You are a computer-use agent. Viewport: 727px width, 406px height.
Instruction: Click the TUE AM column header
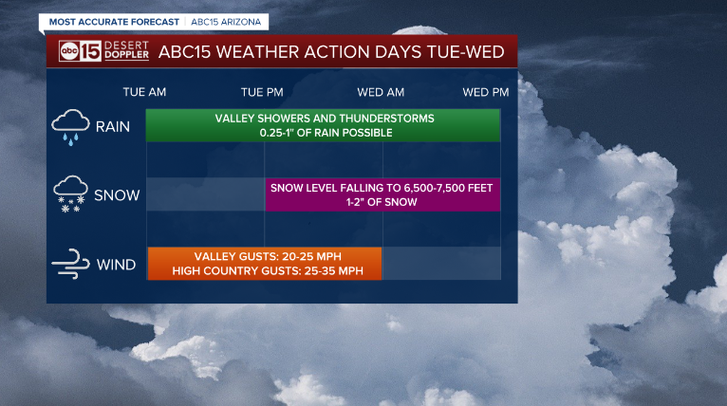pyautogui.click(x=144, y=92)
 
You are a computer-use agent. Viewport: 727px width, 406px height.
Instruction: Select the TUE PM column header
pyautogui.click(x=262, y=92)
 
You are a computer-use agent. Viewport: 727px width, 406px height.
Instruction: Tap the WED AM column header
pyautogui.click(x=381, y=92)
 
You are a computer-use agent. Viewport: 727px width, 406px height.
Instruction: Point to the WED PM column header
pyautogui.click(x=485, y=92)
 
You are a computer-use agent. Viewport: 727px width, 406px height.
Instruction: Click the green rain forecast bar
pyautogui.click(x=323, y=125)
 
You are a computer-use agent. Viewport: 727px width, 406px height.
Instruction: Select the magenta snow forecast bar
pyautogui.click(x=382, y=194)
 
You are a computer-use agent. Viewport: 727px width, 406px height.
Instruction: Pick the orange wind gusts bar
pyautogui.click(x=264, y=264)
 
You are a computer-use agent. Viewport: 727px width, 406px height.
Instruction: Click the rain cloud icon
pyautogui.click(x=70, y=127)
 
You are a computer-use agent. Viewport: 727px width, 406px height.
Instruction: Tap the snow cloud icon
pyautogui.click(x=70, y=194)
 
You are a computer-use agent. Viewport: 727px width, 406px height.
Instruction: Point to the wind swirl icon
pyautogui.click(x=70, y=264)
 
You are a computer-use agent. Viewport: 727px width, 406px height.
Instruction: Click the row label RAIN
pyautogui.click(x=113, y=126)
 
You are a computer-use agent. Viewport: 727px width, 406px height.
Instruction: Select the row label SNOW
pyautogui.click(x=117, y=195)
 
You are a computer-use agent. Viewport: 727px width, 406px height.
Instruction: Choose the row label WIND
pyautogui.click(x=116, y=265)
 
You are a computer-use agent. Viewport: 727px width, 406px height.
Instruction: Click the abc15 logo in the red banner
pyautogui.click(x=80, y=51)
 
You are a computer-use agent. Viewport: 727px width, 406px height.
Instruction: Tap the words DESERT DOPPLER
pyautogui.click(x=126, y=50)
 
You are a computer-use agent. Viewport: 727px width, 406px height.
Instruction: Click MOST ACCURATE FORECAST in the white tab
pyautogui.click(x=114, y=22)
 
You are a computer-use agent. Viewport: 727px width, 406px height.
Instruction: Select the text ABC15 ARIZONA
pyautogui.click(x=226, y=22)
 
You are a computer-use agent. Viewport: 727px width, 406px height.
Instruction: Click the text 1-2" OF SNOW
pyautogui.click(x=382, y=202)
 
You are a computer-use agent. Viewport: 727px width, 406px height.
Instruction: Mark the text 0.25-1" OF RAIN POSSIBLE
pyautogui.click(x=326, y=133)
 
